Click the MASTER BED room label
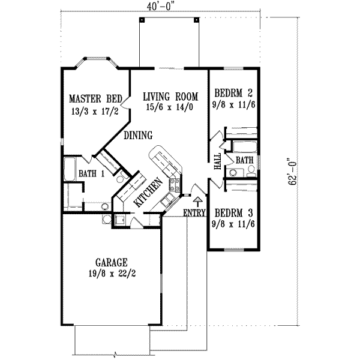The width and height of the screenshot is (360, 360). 96,98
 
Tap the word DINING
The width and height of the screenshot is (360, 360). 138,136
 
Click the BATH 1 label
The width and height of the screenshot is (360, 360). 91,174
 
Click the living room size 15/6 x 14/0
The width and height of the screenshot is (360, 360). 171,107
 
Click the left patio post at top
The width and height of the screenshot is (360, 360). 141,20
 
